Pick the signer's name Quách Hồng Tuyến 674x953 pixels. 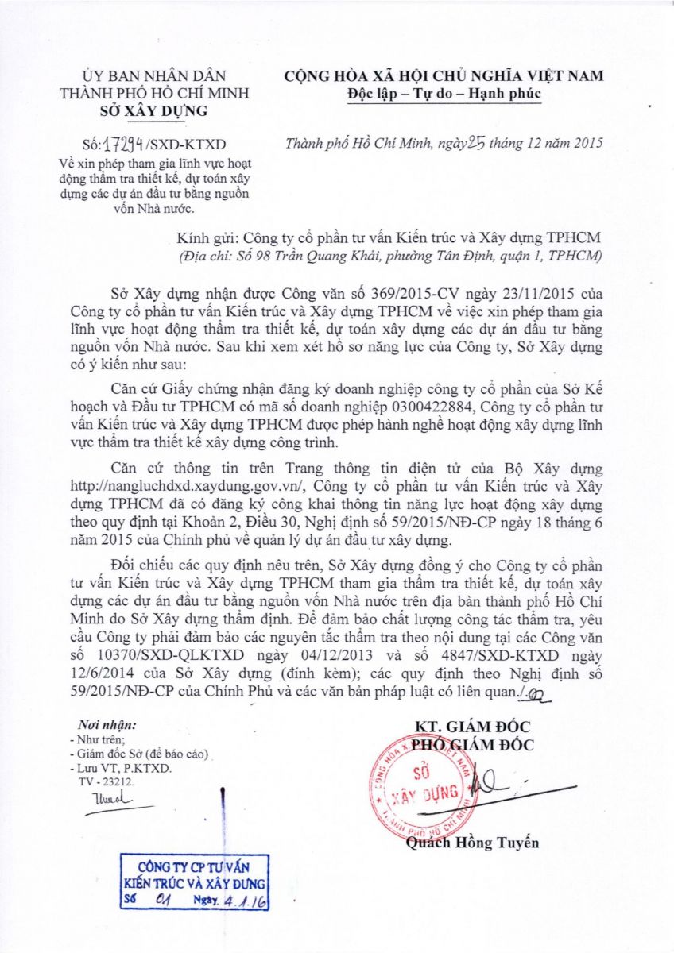[x=472, y=843]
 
